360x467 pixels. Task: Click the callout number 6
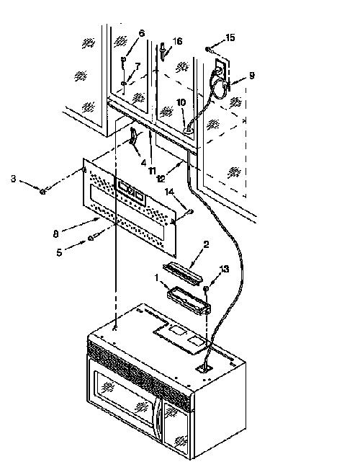point(142,33)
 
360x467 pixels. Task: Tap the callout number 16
point(177,41)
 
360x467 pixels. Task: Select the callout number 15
point(230,37)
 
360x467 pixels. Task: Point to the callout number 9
point(252,76)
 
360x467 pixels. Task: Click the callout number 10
point(181,102)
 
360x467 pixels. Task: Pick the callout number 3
point(13,179)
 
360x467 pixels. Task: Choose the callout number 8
point(55,234)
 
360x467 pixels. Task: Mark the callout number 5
point(59,252)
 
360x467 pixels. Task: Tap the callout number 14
point(170,192)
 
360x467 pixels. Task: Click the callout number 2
point(206,244)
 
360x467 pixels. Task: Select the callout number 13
point(224,269)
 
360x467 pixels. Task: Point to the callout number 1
point(157,278)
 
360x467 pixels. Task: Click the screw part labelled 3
point(42,192)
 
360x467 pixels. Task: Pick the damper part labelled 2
point(183,273)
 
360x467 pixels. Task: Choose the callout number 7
point(137,67)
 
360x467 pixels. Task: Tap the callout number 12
point(161,178)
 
